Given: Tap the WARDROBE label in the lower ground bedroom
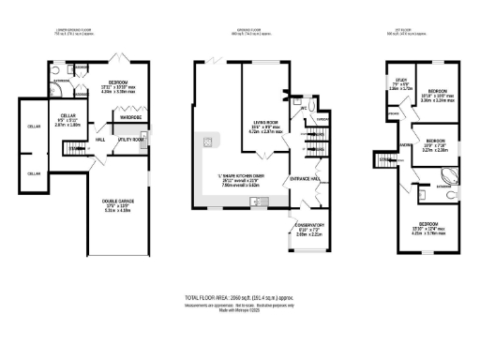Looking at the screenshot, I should click(x=128, y=117).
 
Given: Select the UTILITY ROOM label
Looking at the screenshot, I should click(x=130, y=139).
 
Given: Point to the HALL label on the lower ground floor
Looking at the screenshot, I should click(x=99, y=140).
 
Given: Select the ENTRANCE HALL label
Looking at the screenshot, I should click(x=306, y=178).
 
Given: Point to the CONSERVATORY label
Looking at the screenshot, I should click(x=309, y=225).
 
